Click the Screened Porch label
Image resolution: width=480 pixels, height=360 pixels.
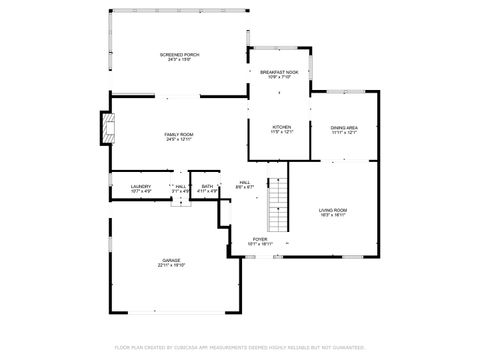tap(179, 54)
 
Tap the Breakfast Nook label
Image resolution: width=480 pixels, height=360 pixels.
tap(279, 72)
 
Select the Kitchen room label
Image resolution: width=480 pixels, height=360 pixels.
tap(282, 127)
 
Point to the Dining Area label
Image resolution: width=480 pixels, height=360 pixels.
tap(344, 127)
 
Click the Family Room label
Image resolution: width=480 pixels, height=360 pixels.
tap(179, 133)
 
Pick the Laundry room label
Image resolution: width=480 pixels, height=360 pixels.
tap(140, 185)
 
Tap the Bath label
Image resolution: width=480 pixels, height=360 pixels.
tap(207, 185)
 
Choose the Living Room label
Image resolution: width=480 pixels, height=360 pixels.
tap(333, 209)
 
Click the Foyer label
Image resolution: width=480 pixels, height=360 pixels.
tap(260, 239)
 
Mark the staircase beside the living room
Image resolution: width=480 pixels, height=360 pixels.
tap(277, 205)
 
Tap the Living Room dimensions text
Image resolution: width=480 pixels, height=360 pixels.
tap(333, 215)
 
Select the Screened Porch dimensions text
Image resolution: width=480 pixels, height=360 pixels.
tap(179, 60)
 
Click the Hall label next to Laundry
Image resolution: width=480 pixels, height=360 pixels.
tap(181, 185)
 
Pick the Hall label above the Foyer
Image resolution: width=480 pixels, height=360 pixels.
tap(245, 181)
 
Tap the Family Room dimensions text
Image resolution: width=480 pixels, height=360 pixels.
tap(179, 139)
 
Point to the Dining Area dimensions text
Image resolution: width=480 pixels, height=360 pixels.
tap(344, 133)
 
